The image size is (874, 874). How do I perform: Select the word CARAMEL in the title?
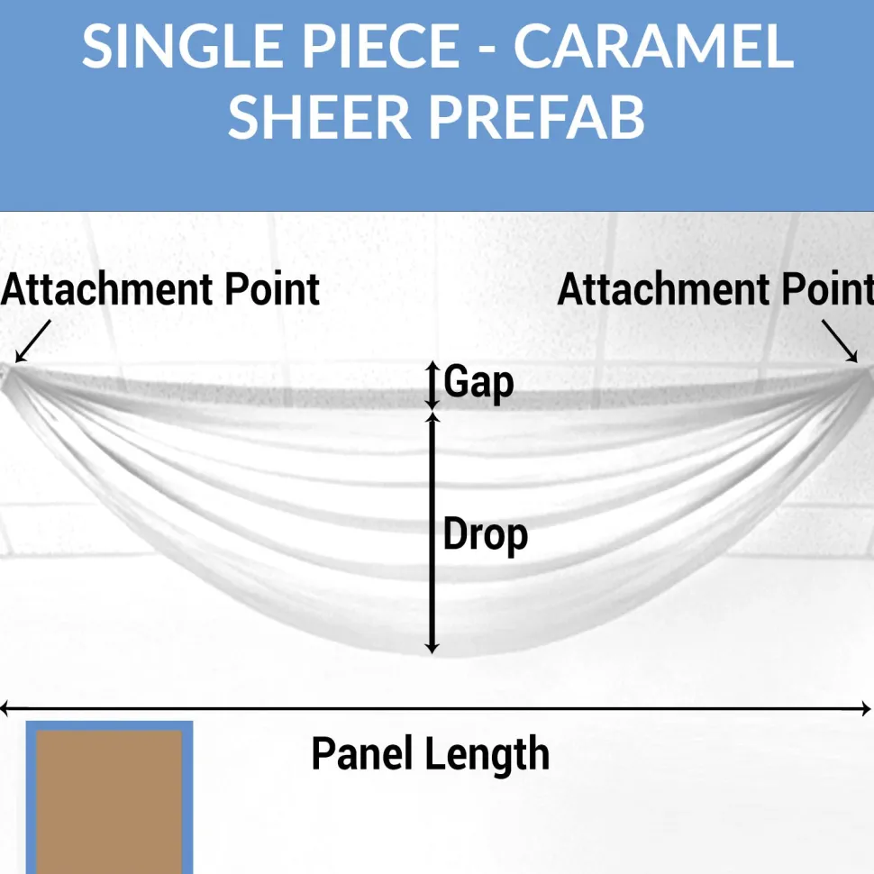(653, 46)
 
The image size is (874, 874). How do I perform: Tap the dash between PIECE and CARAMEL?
(487, 49)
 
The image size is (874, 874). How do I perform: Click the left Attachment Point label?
(160, 290)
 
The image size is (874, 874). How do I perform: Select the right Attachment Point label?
(715, 290)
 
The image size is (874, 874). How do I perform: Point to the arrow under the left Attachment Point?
(32, 341)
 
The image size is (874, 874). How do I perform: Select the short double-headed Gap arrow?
(432, 386)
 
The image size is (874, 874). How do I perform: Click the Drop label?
(485, 535)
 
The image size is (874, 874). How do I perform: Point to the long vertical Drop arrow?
(432, 533)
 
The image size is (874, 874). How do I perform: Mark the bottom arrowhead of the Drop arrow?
(432, 648)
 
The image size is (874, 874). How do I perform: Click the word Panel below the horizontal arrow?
(361, 753)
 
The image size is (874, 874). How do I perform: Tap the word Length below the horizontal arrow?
(487, 755)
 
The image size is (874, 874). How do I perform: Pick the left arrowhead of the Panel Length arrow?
(5, 709)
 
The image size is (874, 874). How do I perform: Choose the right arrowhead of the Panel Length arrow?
(866, 709)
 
